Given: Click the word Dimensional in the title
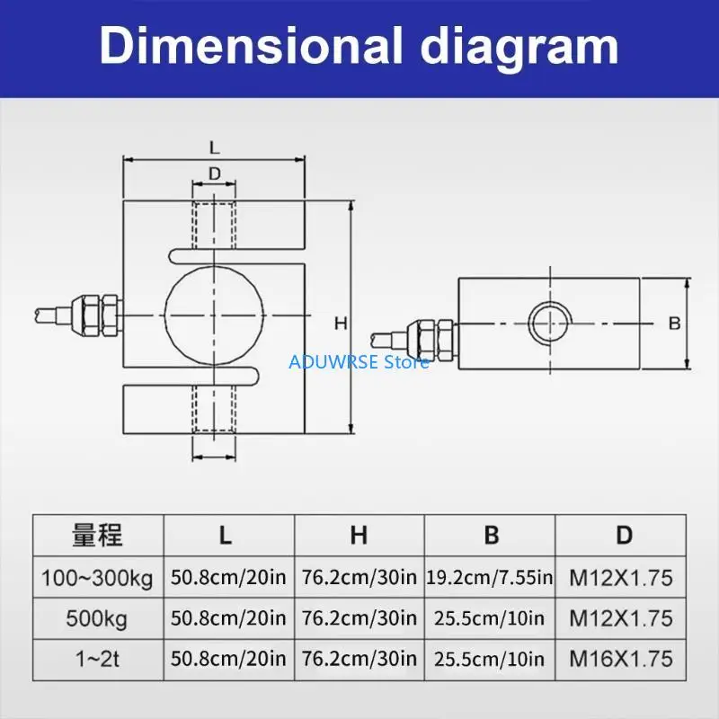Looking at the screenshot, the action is coord(251,46).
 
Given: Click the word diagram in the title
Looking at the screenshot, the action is coord(519,49).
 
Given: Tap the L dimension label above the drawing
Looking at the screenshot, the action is coord(215,147).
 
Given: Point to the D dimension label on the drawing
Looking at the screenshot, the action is coord(215,173).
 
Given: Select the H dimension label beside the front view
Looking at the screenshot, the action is coord(341,324).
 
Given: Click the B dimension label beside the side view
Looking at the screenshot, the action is coord(675,324).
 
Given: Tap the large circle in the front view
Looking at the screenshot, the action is coord(165,315).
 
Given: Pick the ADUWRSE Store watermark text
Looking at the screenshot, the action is coord(359,362).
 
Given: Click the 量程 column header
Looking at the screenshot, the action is coord(98,535).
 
